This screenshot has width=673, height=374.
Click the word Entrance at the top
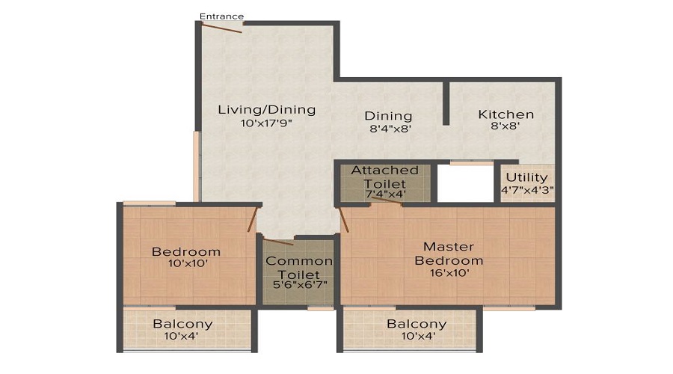pyautogui.click(x=221, y=16)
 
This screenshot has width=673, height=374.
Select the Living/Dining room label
pyautogui.click(x=266, y=110)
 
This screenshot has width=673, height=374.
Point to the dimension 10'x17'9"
pyautogui.click(x=266, y=123)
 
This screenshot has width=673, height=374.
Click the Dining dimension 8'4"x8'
pyautogui.click(x=388, y=129)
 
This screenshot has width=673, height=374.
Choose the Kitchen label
pyautogui.click(x=506, y=114)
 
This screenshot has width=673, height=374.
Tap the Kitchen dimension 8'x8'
pyautogui.click(x=506, y=127)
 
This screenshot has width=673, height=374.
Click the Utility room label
pyautogui.click(x=527, y=177)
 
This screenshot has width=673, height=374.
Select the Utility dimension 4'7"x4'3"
pyautogui.click(x=527, y=189)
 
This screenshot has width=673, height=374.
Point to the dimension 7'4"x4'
pyautogui.click(x=385, y=194)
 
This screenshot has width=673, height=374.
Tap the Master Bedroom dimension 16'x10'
pyautogui.click(x=449, y=274)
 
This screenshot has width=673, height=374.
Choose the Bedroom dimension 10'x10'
pyautogui.click(x=185, y=263)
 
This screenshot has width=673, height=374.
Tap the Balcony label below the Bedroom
pyautogui.click(x=182, y=325)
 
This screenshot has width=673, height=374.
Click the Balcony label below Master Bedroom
pyautogui.click(x=417, y=325)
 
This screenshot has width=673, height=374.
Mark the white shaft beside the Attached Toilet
pyautogui.click(x=466, y=183)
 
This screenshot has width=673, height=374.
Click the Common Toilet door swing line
pyautogui.click(x=278, y=242)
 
